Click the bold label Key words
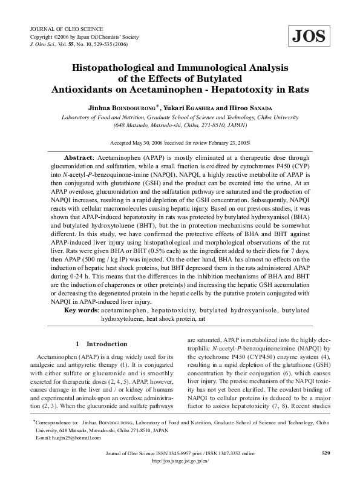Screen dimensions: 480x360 click(x=81, y=310)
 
